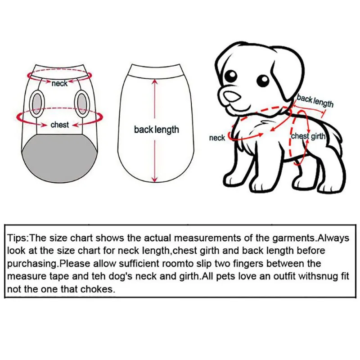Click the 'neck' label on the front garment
click(59, 83)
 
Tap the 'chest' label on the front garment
click(60, 125)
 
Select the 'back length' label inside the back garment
click(156, 130)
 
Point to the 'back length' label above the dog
click(315, 101)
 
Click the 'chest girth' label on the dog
click(308, 136)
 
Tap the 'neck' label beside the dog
click(217, 138)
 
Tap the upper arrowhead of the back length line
click(155, 81)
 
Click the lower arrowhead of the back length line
click(155, 180)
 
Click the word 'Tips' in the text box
click(18, 238)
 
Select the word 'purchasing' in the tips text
click(32, 264)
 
